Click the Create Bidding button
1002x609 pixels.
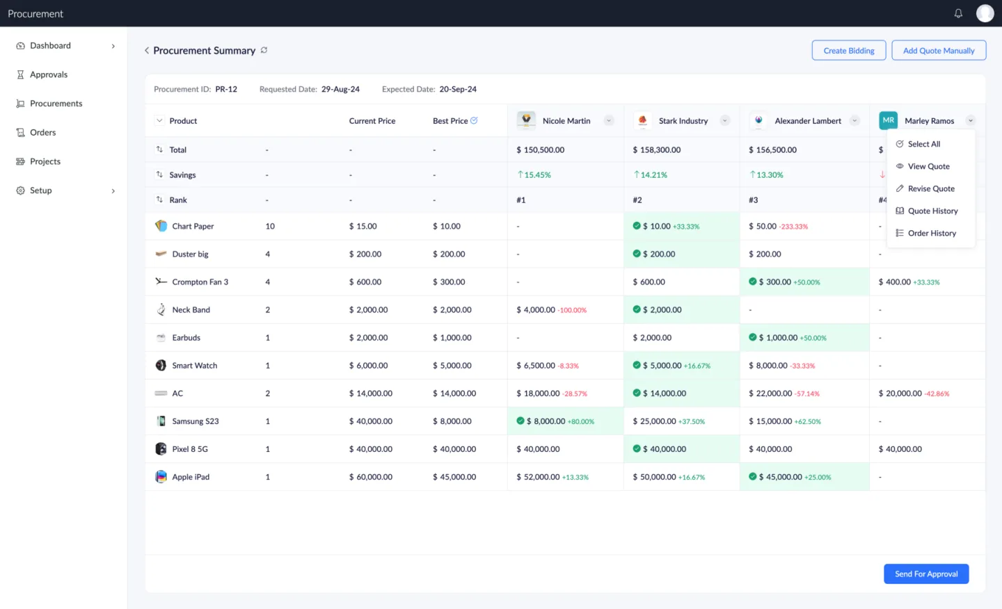(x=848, y=51)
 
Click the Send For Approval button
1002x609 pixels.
(x=925, y=574)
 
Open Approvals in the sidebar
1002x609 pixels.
(x=48, y=75)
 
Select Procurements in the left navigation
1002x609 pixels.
(x=56, y=104)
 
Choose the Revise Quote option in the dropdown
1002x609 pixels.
(x=930, y=189)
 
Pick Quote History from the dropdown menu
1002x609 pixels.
(x=932, y=211)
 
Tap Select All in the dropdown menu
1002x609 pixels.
(x=923, y=145)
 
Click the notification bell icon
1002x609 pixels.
(x=958, y=14)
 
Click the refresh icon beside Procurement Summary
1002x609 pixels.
(x=264, y=51)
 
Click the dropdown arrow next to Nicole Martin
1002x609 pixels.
(x=609, y=121)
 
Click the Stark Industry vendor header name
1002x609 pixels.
(x=683, y=121)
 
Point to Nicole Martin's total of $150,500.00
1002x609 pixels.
(x=540, y=150)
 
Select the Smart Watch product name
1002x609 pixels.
(x=194, y=366)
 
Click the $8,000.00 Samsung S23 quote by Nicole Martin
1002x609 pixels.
(x=549, y=421)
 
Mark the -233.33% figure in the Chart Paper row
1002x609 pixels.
(x=793, y=227)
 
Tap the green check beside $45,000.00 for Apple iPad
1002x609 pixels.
(x=752, y=477)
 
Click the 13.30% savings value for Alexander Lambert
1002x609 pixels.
(x=769, y=175)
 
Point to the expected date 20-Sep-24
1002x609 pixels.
(x=457, y=90)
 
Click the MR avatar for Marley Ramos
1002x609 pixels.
(x=888, y=120)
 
